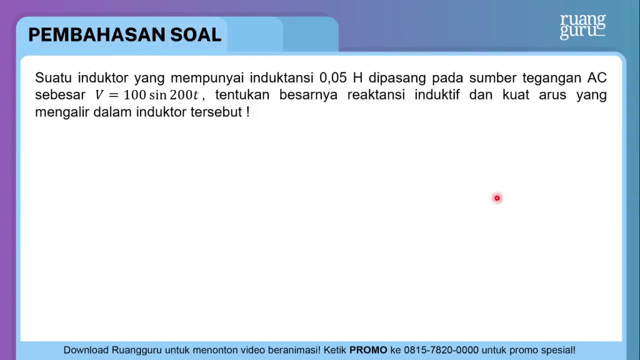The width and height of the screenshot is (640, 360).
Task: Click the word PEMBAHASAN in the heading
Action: tap(97, 35)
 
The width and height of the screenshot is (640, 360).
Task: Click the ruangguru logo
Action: tap(582, 26)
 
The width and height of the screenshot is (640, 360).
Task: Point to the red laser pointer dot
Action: tap(497, 198)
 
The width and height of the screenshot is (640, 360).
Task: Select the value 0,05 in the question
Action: tap(332, 77)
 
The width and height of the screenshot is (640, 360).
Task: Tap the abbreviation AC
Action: tap(597, 77)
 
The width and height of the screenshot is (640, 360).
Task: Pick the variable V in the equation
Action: tap(99, 95)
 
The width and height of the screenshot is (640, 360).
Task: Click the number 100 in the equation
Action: tap(135, 95)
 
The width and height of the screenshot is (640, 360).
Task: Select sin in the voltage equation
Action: tap(158, 95)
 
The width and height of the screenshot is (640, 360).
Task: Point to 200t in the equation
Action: tap(184, 95)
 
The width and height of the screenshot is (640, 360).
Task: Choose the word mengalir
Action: tap(62, 112)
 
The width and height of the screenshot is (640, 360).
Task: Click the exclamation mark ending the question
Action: tap(247, 112)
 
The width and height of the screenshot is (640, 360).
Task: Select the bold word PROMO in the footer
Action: tap(368, 350)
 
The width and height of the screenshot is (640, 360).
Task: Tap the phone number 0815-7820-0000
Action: tap(441, 350)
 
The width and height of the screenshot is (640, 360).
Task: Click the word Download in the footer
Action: tap(86, 350)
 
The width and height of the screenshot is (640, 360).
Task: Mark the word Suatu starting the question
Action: tap(54, 77)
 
